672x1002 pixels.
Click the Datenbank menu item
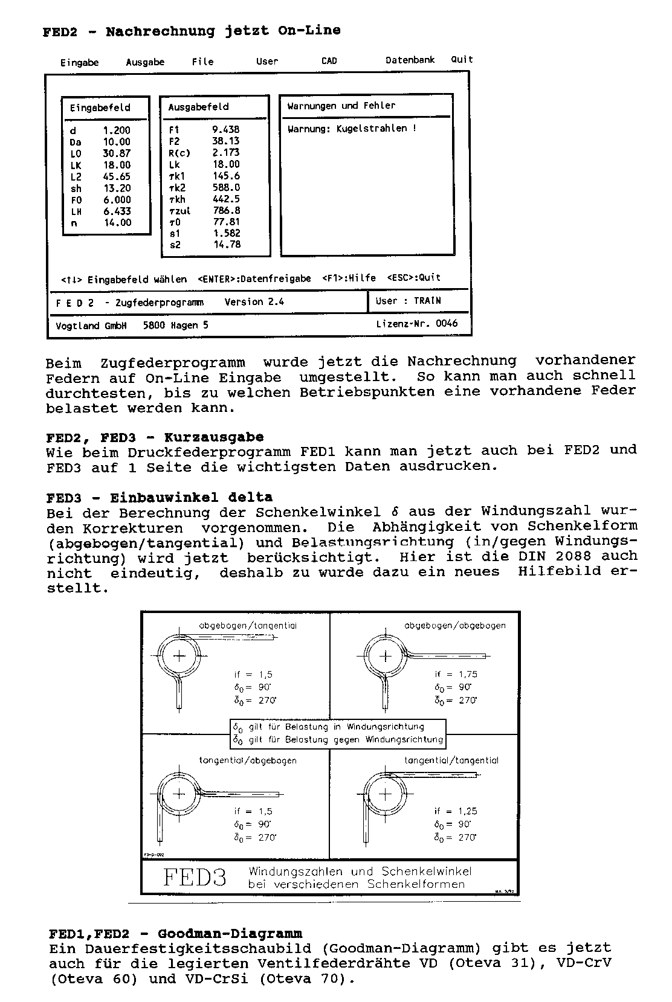(410, 60)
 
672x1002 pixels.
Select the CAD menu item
(329, 61)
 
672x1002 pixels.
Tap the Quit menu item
(462, 59)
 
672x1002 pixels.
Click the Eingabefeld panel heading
(100, 108)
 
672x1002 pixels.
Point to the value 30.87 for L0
(116, 153)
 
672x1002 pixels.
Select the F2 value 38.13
(225, 141)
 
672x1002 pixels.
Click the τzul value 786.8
(226, 211)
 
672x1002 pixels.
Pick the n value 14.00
(117, 223)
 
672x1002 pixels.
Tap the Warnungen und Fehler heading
(341, 106)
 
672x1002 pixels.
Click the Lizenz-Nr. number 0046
(447, 324)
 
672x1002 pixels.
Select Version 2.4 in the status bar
(254, 302)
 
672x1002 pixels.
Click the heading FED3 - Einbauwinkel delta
(159, 498)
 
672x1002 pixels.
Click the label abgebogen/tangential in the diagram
(248, 626)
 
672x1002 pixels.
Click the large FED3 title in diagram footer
(195, 877)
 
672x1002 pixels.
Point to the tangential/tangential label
(451, 760)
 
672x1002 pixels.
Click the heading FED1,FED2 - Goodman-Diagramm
(175, 934)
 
